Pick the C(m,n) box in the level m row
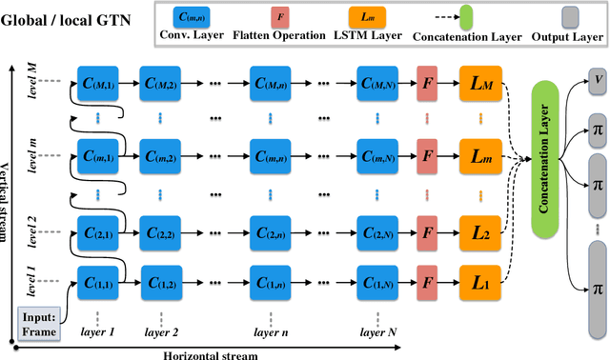coord(271,153)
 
